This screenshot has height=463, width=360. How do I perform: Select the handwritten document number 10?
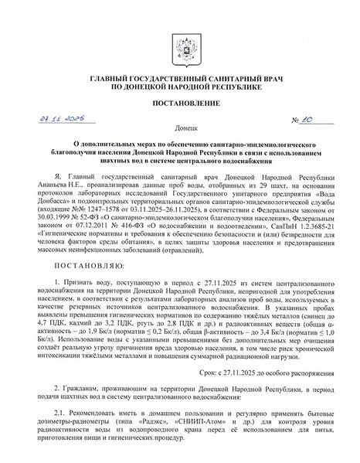coord(305,120)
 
